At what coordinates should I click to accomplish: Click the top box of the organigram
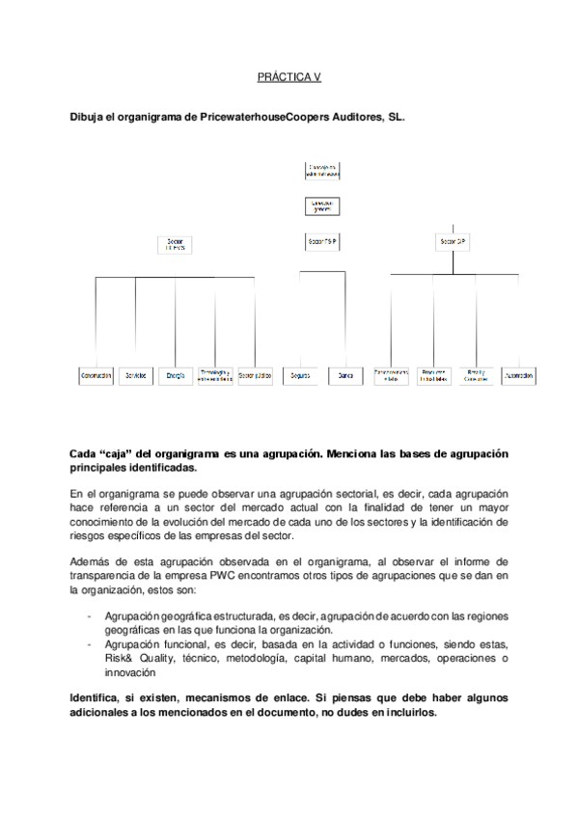[322, 172]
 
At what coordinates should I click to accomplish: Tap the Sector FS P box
[322, 240]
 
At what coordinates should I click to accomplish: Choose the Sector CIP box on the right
[454, 240]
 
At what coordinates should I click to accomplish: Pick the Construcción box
[96, 375]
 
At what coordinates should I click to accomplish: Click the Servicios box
[136, 375]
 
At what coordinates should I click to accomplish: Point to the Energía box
[176, 375]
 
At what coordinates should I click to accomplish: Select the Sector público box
[255, 375]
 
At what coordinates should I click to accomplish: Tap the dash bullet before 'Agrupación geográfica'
[89, 616]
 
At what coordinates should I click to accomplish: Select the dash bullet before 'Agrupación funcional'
[89, 643]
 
